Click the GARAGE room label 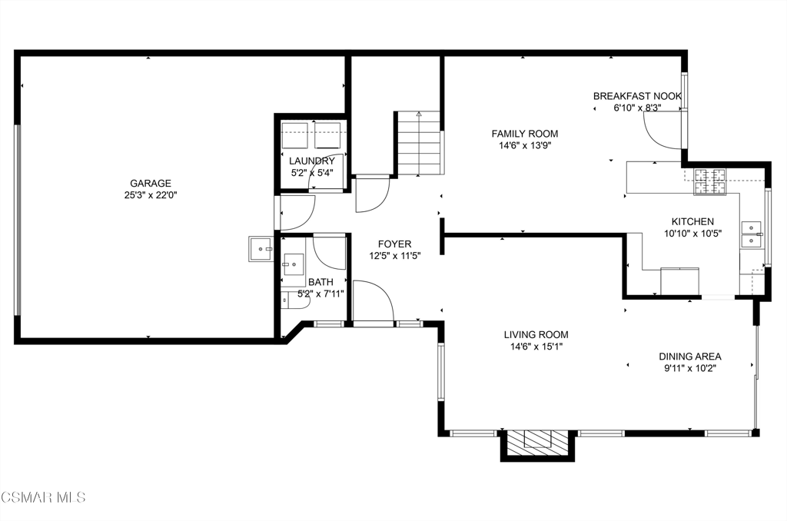point(151,183)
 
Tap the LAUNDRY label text point(312,161)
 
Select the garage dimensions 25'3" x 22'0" point(151,195)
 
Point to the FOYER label point(394,244)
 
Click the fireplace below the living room point(537,445)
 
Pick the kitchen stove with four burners point(709,181)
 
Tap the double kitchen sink point(752,234)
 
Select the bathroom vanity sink point(293,264)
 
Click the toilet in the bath point(290,300)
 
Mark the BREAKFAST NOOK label point(637,96)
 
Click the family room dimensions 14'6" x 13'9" point(524,145)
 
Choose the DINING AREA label point(690,357)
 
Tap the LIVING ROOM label point(536,335)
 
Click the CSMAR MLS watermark point(43,497)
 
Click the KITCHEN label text point(692,221)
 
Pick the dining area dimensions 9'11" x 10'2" point(690,368)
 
